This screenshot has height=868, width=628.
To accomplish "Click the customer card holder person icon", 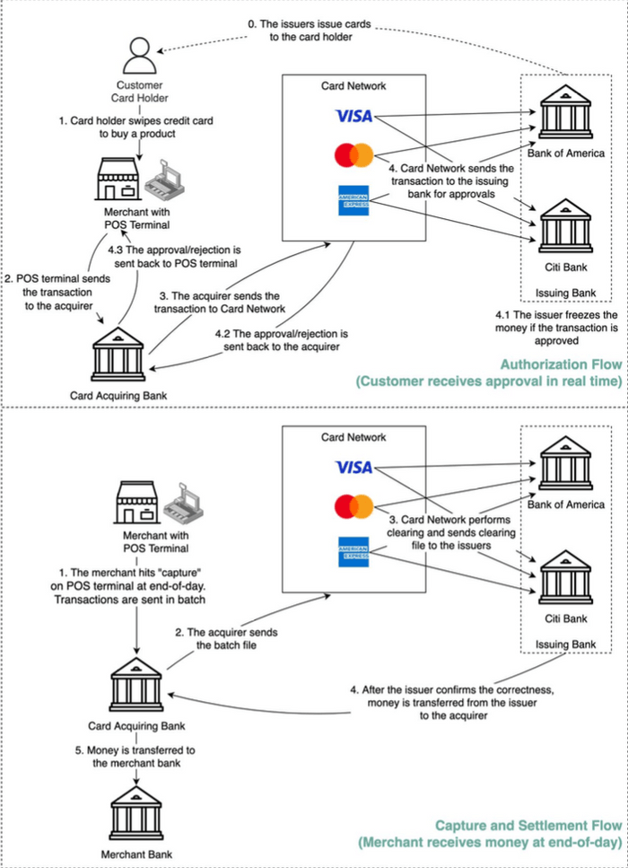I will point(140,56).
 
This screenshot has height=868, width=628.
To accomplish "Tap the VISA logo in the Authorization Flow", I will point(353,117).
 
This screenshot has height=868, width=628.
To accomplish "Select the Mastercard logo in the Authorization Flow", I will point(353,155).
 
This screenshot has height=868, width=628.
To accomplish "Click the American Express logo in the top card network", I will point(353,200).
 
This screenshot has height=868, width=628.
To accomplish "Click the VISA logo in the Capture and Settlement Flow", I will point(353,468).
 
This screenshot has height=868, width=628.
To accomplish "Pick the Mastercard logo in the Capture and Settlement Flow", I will point(353,507).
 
